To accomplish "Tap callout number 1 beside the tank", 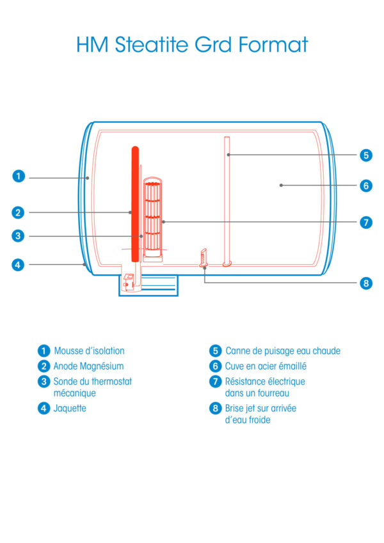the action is (19, 176).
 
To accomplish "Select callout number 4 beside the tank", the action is (18, 265).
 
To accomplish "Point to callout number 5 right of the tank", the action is (366, 155).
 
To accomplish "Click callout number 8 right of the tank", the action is (366, 283).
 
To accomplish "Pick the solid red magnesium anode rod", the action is (135, 204).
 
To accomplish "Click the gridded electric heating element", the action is (153, 217).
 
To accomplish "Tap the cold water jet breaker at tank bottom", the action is (204, 257).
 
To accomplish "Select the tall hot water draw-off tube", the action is (227, 201).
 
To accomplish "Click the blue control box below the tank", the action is (148, 286).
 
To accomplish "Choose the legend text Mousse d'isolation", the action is (90, 350).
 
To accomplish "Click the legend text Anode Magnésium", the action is (88, 366).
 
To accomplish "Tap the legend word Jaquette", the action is (70, 408).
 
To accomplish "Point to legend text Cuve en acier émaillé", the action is (266, 366).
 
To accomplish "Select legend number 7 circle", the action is (215, 381).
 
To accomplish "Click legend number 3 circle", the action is (44, 381).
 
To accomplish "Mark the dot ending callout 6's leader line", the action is (281, 185).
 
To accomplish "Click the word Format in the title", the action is (273, 45).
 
